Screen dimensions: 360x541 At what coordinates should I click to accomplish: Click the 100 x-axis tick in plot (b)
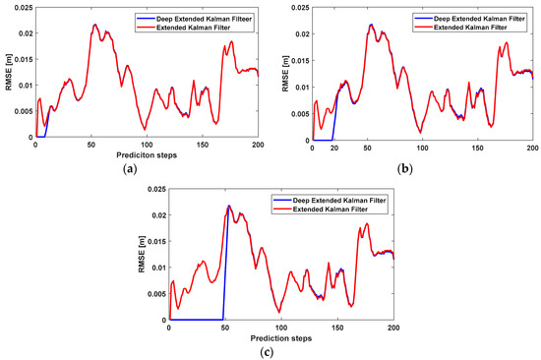pyautogui.click(x=422, y=145)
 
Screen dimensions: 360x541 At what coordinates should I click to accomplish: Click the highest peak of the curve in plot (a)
pyautogui.click(x=94, y=26)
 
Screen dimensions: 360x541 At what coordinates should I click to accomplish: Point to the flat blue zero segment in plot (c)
pyautogui.click(x=197, y=320)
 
